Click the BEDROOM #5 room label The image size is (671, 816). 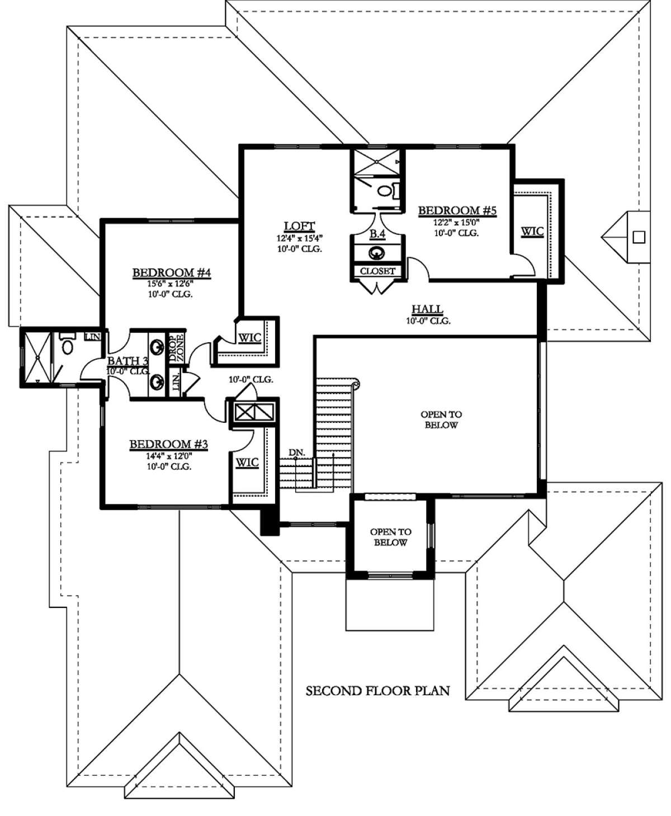tap(457, 210)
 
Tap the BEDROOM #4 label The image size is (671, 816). tap(172, 273)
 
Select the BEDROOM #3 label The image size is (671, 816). tap(169, 444)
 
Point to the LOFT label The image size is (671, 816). tap(299, 225)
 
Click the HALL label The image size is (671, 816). tap(427, 309)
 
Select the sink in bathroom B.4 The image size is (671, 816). tap(377, 253)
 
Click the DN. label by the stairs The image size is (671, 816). tap(297, 452)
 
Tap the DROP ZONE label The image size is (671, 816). tap(177, 347)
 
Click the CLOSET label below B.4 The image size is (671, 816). tap(378, 271)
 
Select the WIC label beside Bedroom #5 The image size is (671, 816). tap(532, 232)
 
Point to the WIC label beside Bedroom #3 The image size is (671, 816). tap(247, 463)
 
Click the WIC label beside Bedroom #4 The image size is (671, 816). tap(250, 338)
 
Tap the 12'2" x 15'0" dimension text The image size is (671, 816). tap(456, 223)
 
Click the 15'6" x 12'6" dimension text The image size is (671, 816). tap(171, 284)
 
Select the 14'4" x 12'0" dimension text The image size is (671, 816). tap(169, 456)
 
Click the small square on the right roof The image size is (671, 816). tap(639, 237)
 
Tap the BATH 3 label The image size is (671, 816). tap(127, 361)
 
